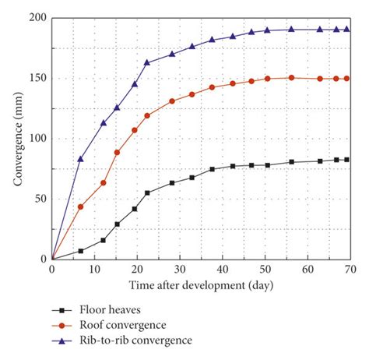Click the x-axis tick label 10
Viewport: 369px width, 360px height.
(94, 269)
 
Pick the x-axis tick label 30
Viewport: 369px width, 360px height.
(179, 269)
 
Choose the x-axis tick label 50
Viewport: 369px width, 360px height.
(265, 269)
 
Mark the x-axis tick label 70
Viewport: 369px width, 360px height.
(350, 269)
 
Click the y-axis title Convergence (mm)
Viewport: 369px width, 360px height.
(16, 139)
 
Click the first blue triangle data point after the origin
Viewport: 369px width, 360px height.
(80, 159)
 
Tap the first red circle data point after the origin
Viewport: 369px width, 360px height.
(80, 206)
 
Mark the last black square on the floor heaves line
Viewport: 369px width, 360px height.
(346, 160)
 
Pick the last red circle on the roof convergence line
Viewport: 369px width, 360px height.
(346, 79)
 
